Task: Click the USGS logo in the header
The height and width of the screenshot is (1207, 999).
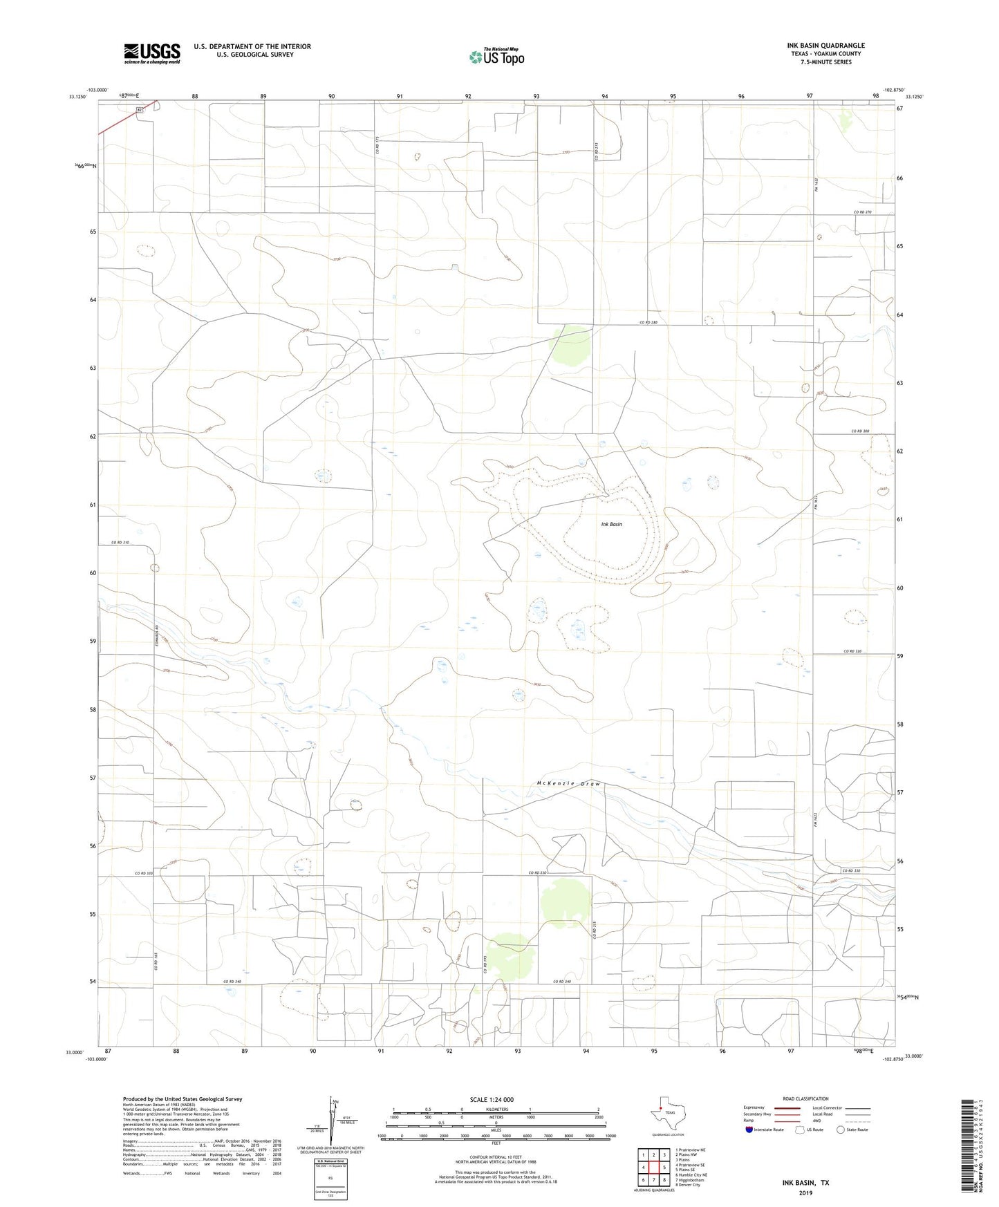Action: [152, 53]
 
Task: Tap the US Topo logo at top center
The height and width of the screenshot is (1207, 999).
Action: [496, 57]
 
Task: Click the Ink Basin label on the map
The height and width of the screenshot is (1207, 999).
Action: [611, 524]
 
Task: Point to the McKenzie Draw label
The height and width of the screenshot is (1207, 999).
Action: [568, 784]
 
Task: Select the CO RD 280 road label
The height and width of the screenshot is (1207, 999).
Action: [648, 323]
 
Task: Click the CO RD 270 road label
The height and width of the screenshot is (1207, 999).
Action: [863, 212]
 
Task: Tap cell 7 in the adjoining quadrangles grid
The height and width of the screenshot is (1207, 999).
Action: [653, 1180]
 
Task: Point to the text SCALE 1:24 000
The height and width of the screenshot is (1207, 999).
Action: [492, 1100]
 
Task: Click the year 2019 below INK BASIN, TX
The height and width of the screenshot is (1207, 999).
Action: [805, 1193]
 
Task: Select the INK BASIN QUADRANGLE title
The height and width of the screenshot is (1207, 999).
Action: [825, 46]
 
